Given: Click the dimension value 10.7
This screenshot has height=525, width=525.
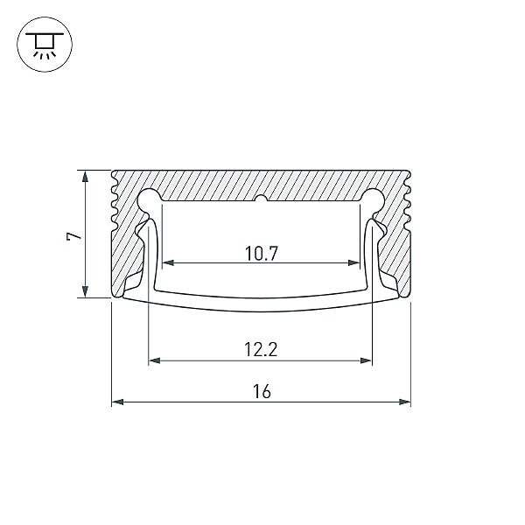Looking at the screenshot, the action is tap(262, 254).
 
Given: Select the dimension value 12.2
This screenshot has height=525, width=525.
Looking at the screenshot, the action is tap(261, 349).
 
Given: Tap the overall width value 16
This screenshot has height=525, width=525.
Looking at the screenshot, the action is tap(262, 391).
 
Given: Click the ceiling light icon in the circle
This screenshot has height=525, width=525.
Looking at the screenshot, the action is tap(45, 45).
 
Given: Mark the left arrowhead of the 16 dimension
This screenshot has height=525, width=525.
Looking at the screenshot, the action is tap(117, 402).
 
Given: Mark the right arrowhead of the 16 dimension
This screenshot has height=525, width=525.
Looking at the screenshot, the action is tap(405, 402).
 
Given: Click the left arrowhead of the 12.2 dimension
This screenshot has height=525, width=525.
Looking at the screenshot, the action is tap(154, 360).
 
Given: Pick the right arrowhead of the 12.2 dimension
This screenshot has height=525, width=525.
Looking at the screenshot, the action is tap(367, 360).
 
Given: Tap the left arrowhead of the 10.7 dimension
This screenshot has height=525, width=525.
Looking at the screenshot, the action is tap(168, 262).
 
